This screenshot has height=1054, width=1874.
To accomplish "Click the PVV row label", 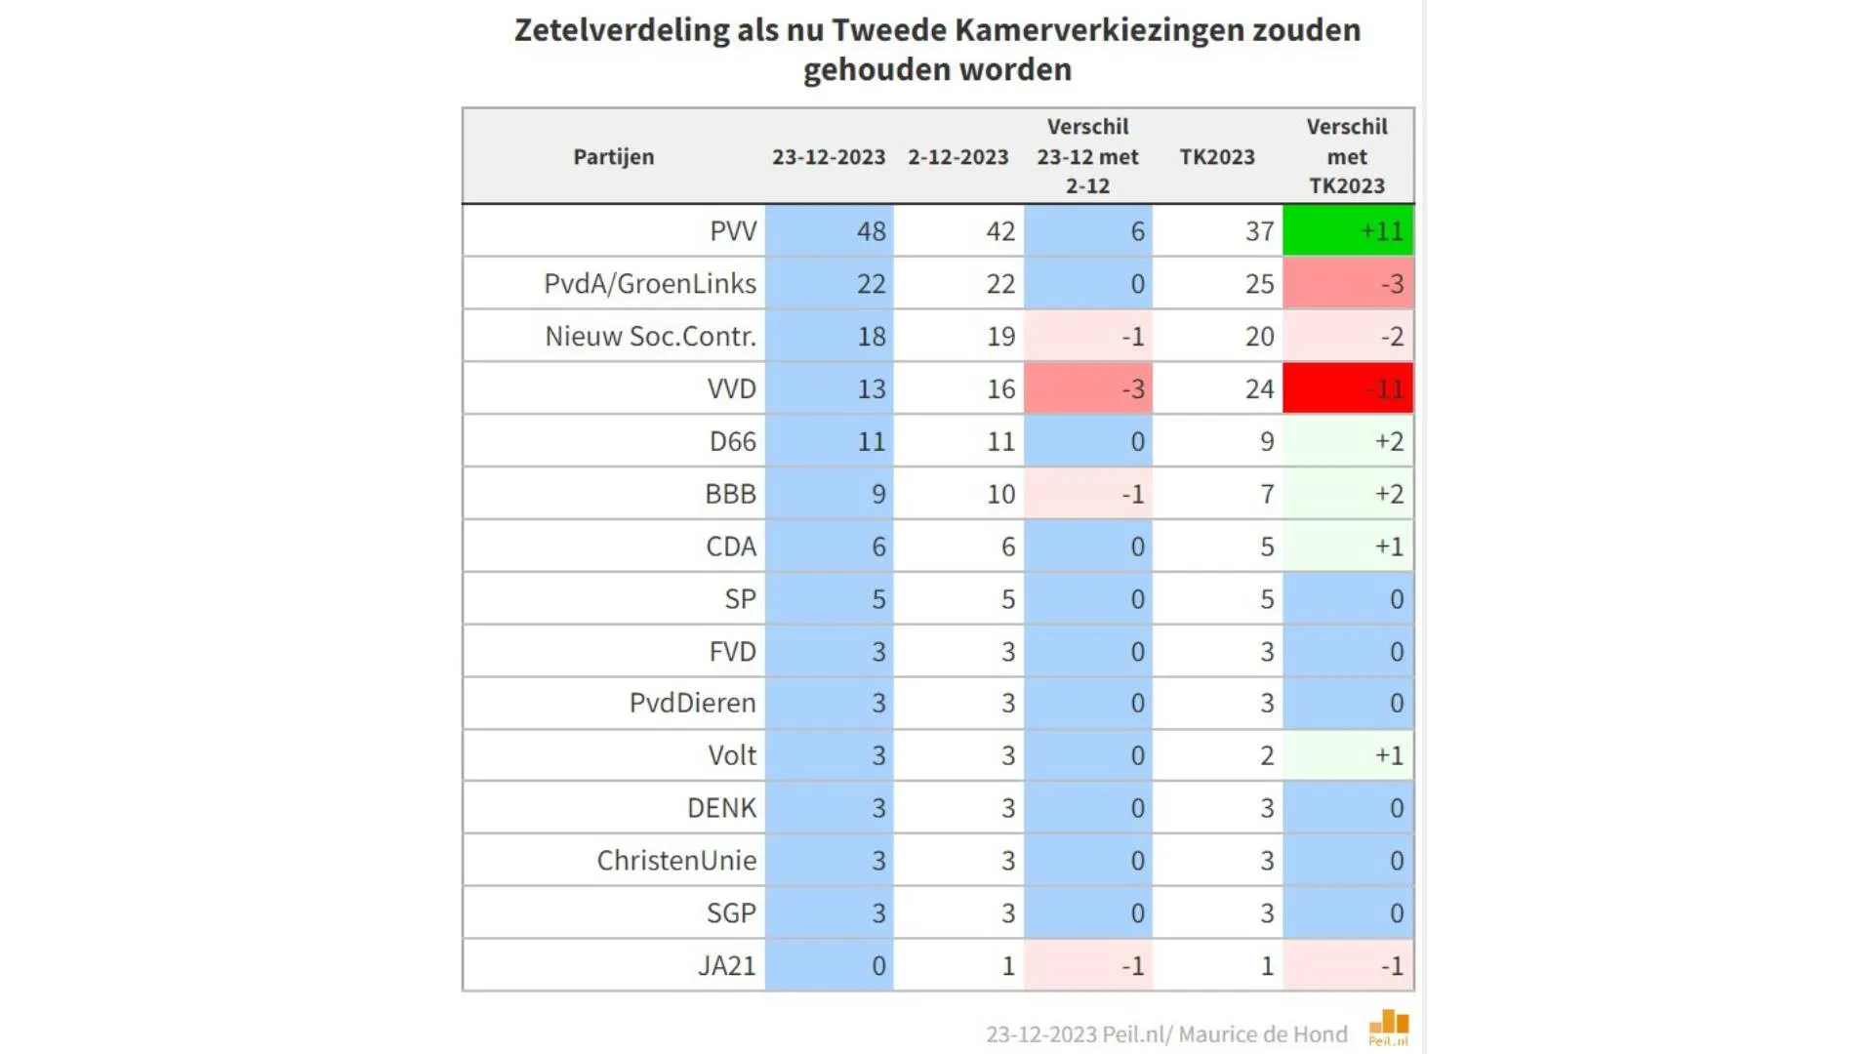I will (x=732, y=231).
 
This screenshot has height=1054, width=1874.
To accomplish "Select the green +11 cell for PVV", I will (x=1347, y=231).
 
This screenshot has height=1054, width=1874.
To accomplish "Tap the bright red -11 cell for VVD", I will (x=1347, y=388).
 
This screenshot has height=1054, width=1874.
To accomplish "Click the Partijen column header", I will (x=613, y=157).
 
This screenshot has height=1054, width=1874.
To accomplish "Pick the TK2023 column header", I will (x=1216, y=157).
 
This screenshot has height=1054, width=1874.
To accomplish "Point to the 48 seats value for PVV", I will (x=870, y=231).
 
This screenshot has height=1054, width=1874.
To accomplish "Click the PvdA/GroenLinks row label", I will (x=649, y=284).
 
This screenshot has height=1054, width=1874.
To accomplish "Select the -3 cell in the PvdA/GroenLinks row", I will (x=1347, y=284).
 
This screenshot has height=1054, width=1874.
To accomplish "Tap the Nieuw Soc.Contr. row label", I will (x=650, y=337).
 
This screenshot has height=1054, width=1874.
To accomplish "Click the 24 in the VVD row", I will (x=1258, y=388).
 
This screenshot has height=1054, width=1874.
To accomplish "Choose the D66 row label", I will (x=732, y=441).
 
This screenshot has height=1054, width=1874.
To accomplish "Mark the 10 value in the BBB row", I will (x=1000, y=494).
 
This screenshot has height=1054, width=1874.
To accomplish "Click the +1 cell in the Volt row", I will (x=1347, y=755).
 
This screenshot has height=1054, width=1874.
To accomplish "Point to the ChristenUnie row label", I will (x=676, y=861).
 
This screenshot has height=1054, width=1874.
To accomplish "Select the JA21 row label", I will (x=726, y=966).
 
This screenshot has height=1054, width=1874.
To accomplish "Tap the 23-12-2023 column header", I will (x=829, y=157).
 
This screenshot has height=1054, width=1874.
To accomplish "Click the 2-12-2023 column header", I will (x=957, y=157).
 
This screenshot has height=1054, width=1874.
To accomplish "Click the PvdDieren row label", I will (x=692, y=703).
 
